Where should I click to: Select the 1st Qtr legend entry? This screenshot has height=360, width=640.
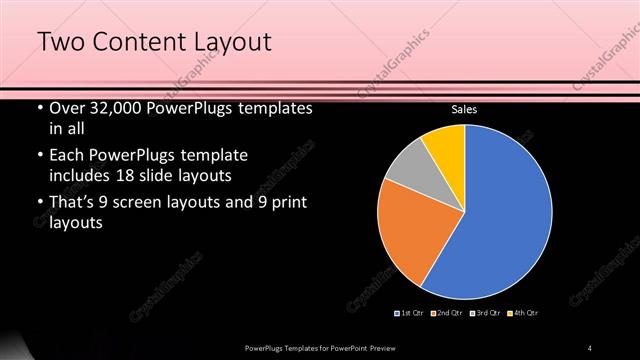coord(411,314)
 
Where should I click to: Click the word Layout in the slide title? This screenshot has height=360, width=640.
coord(225,42)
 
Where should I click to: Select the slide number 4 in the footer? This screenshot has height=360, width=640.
coord(590,347)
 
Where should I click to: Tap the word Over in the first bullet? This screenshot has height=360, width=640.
coord(67,108)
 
